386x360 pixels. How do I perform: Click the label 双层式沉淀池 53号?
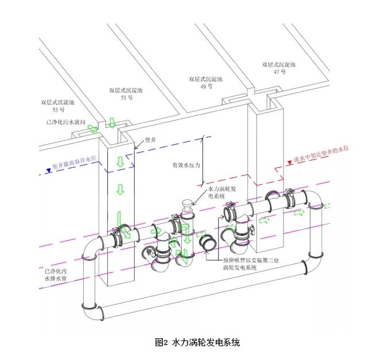58,106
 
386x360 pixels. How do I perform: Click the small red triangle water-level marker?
290,162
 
